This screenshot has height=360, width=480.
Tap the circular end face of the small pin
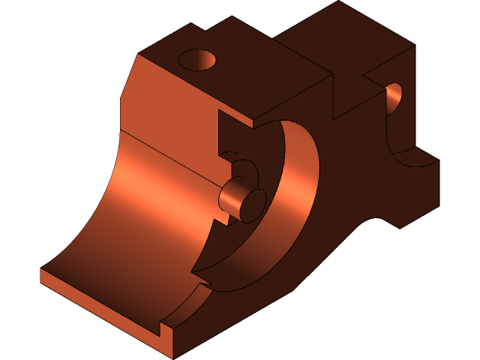252,205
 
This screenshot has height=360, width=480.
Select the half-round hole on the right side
394,100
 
